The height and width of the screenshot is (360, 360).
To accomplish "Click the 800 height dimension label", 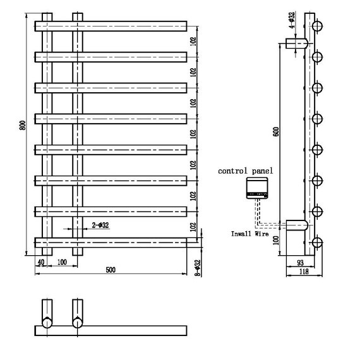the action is tap(23, 125).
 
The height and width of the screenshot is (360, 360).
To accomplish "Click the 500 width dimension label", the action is tap(111, 270).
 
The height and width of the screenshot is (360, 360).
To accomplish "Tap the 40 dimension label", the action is tap(41, 262).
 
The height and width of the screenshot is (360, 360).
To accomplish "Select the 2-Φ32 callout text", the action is tap(100, 225).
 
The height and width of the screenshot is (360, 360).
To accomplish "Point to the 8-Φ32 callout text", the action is tap(198, 268).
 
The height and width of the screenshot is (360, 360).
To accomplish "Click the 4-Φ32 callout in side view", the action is tap(292, 20).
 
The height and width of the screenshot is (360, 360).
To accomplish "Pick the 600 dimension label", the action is tap(276, 131).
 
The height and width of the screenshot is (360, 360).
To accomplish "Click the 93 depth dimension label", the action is tap(300, 263).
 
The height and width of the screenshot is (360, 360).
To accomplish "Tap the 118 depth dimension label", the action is tap(304, 272).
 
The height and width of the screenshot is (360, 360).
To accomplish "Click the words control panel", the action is tap(246, 171).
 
